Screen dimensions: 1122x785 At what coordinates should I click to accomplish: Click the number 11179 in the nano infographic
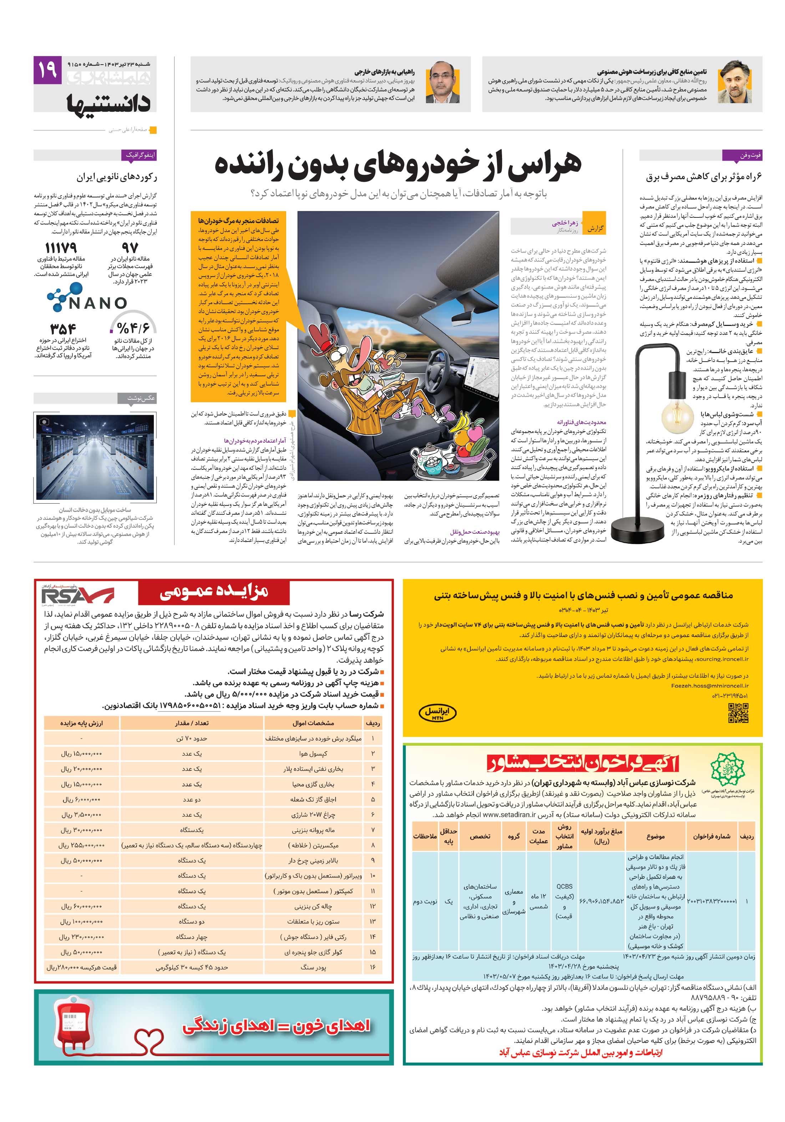(61, 247)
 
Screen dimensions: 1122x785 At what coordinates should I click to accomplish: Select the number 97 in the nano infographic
(130, 248)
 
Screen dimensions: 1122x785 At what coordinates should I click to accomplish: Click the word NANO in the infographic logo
(98, 303)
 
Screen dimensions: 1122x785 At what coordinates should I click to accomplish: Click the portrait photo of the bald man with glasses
(442, 83)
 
